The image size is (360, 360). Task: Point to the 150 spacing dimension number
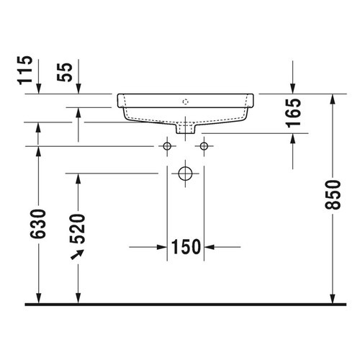coord(186,247)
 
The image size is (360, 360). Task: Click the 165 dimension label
coord(293,114)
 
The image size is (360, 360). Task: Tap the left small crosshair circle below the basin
coord(167,147)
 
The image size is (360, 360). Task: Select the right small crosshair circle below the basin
coord(204,147)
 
